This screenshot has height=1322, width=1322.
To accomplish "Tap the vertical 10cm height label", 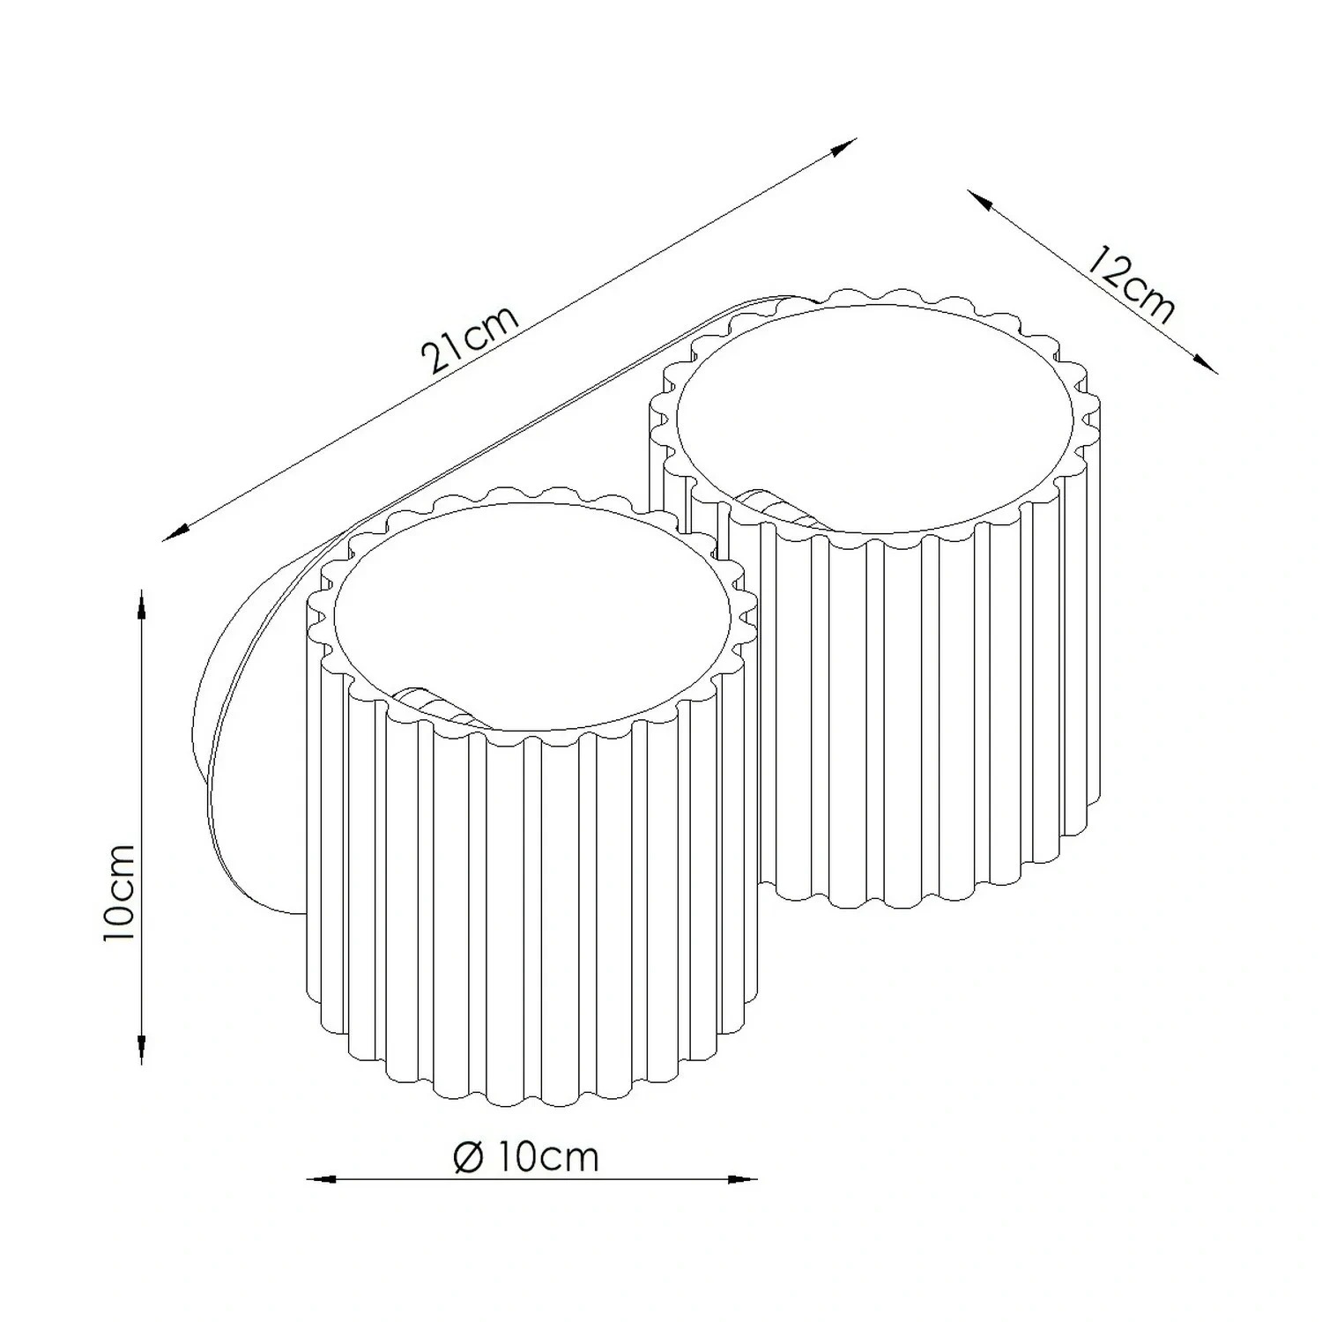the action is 120,892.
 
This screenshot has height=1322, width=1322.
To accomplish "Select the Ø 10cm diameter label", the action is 526,1155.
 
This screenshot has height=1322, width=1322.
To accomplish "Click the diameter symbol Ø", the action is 467,1156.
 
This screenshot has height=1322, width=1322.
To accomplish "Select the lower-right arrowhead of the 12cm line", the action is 1204,361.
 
